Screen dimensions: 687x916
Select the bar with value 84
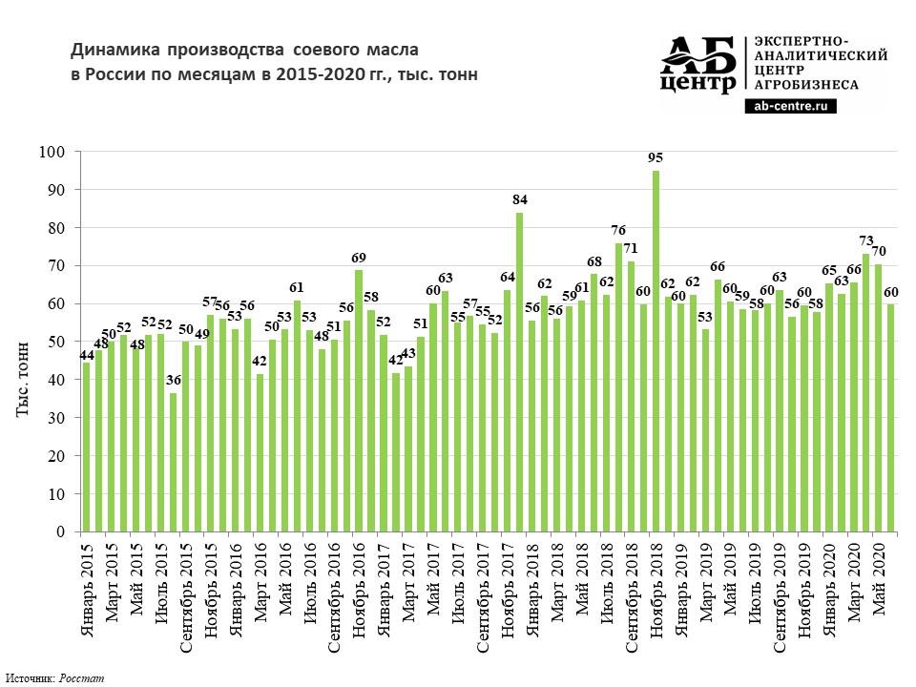coord(520,371)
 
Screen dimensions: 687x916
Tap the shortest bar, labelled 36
coord(173,462)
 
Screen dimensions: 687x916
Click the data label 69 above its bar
coord(359,259)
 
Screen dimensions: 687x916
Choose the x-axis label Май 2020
coord(880,572)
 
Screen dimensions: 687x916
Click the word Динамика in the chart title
coord(114,49)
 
